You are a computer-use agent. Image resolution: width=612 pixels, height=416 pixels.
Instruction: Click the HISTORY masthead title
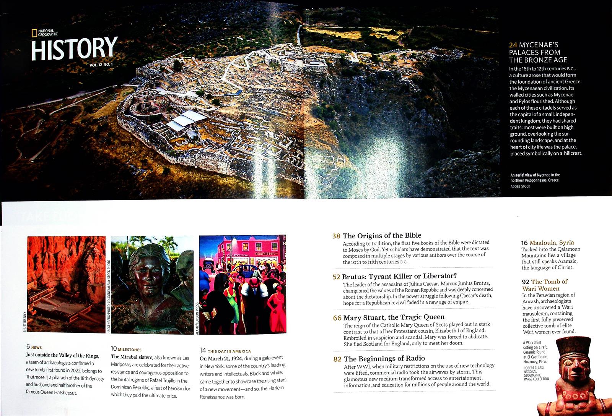[x=74, y=49]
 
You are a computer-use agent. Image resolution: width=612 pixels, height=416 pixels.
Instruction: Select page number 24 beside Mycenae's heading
[x=513, y=45]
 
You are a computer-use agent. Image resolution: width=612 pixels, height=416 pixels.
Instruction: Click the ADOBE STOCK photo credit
[x=520, y=186]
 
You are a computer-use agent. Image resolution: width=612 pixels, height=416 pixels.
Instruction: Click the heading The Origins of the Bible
[x=382, y=236]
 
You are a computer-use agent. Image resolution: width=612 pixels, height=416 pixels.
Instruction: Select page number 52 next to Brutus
[x=336, y=277]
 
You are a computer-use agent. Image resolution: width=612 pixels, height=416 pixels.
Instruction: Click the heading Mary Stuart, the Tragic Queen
[x=394, y=317]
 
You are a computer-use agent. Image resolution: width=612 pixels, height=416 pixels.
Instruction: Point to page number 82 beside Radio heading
[x=337, y=359]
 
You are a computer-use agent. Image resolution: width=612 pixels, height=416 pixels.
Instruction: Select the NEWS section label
[x=36, y=348]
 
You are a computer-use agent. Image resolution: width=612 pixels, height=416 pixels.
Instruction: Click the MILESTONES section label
[x=130, y=350]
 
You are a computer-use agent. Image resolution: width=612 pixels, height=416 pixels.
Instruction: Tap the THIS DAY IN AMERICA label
[x=229, y=351]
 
